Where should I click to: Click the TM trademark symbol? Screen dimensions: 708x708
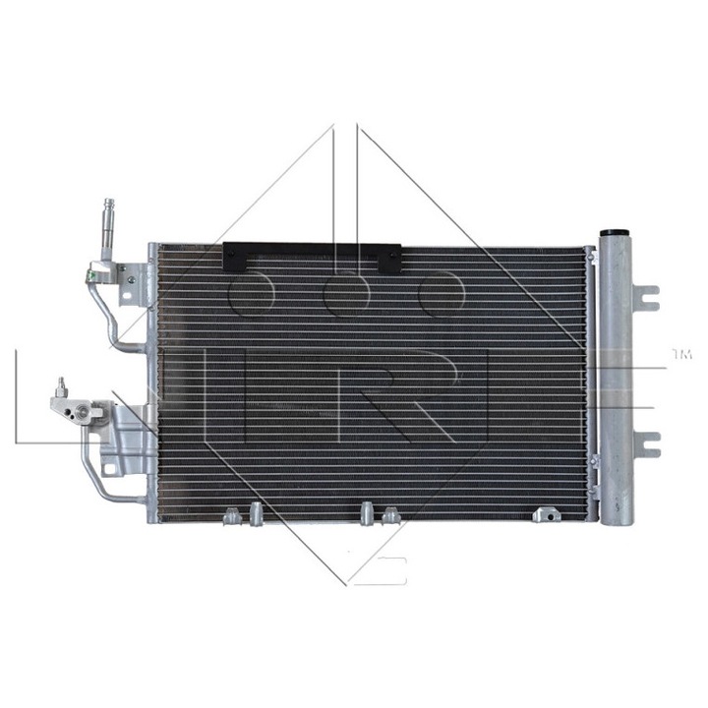681,351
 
